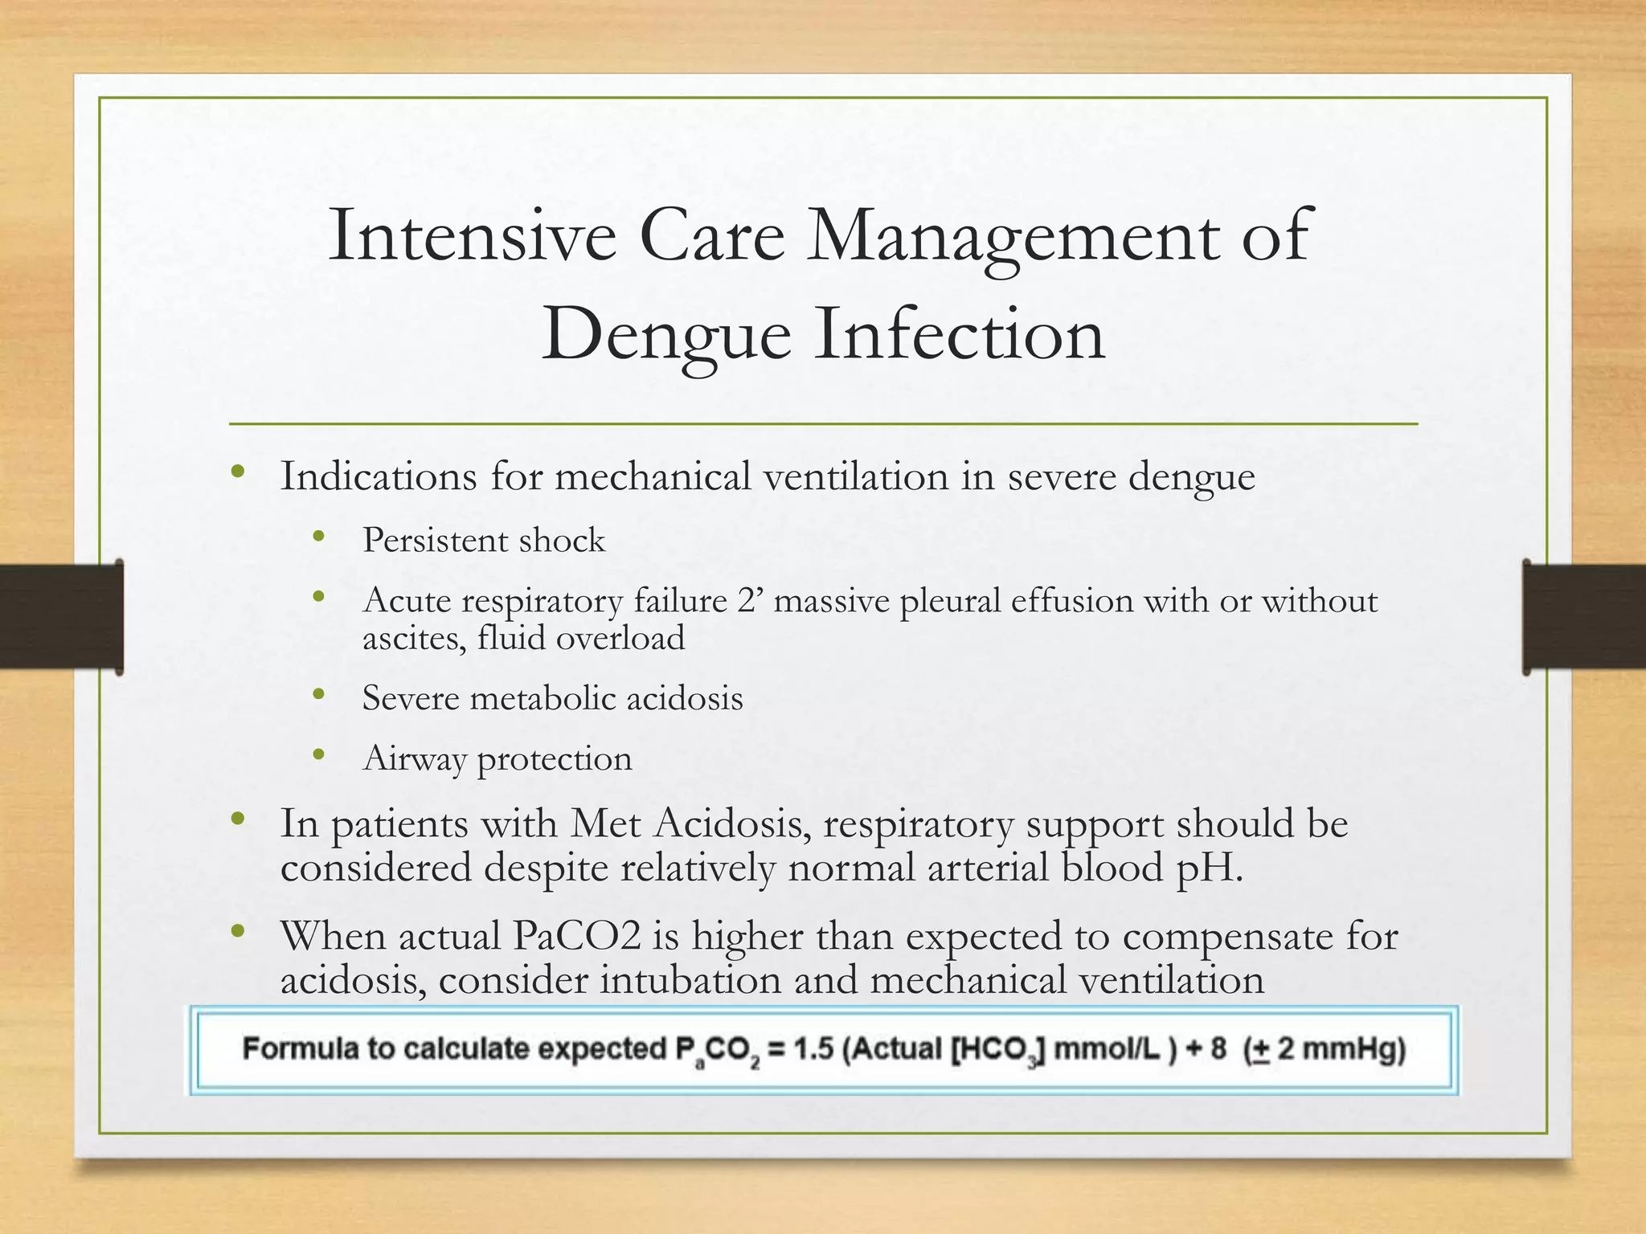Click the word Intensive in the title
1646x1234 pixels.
point(473,235)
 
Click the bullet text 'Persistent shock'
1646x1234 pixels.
point(483,540)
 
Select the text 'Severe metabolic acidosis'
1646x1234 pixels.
point(552,698)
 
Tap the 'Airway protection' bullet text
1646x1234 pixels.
point(497,759)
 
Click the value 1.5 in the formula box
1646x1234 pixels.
point(813,1049)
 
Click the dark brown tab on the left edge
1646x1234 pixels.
point(61,616)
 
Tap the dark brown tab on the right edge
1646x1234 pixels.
point(1584,616)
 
